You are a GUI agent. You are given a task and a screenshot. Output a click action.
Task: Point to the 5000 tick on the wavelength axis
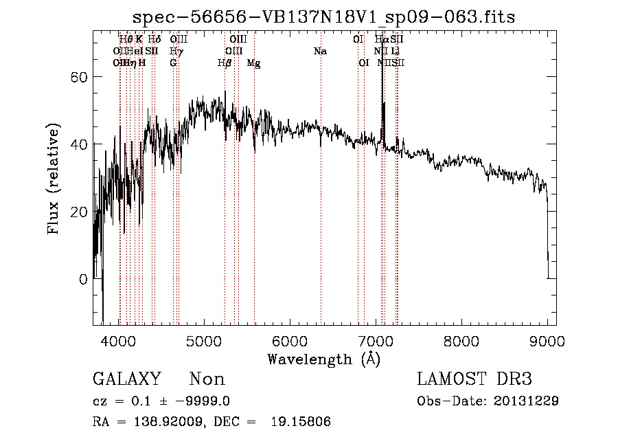[x=203, y=339]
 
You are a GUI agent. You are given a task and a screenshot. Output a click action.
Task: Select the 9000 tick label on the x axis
[x=547, y=339]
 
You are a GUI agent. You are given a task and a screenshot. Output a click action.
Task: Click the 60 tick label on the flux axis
[x=80, y=77]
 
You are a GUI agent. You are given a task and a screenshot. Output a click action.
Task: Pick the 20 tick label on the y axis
[x=80, y=212]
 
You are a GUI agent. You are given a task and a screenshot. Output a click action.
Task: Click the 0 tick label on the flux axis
[x=84, y=279]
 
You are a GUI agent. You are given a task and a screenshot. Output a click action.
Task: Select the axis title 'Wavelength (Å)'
[x=323, y=358]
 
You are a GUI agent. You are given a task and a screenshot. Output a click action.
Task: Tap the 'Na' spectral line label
[x=320, y=52]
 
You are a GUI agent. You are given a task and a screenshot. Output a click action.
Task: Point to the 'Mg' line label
[x=253, y=63]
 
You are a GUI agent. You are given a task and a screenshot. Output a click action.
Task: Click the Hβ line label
[x=224, y=63]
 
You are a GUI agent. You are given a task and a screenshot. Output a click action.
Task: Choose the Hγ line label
[x=176, y=52]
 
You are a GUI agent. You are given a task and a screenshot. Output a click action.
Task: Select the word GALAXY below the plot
[x=126, y=379]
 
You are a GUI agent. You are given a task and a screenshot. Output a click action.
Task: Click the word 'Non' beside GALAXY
[x=207, y=379]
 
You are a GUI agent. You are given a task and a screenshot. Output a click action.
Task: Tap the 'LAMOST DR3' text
[x=474, y=379]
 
